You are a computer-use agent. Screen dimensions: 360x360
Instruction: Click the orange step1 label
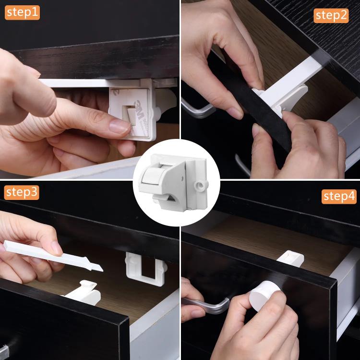click(x=22, y=12)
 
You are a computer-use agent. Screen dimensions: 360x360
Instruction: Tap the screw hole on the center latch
click(x=199, y=185)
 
